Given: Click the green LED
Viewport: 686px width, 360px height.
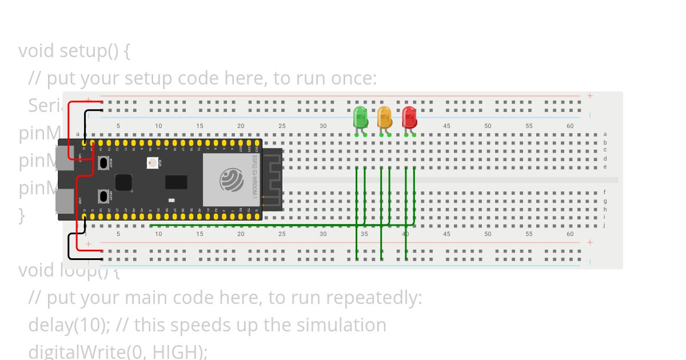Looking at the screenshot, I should click(x=360, y=117).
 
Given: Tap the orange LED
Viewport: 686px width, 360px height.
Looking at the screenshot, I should click(x=385, y=117).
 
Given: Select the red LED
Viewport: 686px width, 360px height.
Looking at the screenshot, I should click(x=409, y=117).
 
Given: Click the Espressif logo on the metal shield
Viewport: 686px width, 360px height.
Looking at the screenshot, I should click(x=232, y=180).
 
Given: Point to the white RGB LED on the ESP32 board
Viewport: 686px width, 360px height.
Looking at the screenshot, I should click(x=152, y=163).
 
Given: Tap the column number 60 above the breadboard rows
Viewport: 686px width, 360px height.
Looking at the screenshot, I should click(x=570, y=126).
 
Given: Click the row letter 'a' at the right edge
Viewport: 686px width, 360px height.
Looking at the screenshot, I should click(x=605, y=134).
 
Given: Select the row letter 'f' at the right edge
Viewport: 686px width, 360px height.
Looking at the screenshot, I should click(x=605, y=193).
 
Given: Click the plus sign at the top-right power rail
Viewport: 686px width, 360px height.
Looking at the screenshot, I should click(x=590, y=96).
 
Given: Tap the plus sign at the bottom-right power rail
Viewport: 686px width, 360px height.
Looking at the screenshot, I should click(x=590, y=242).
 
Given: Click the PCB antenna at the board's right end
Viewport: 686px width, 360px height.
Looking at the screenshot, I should click(x=272, y=179).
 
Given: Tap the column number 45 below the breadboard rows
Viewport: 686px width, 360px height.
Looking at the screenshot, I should click(x=446, y=234).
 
